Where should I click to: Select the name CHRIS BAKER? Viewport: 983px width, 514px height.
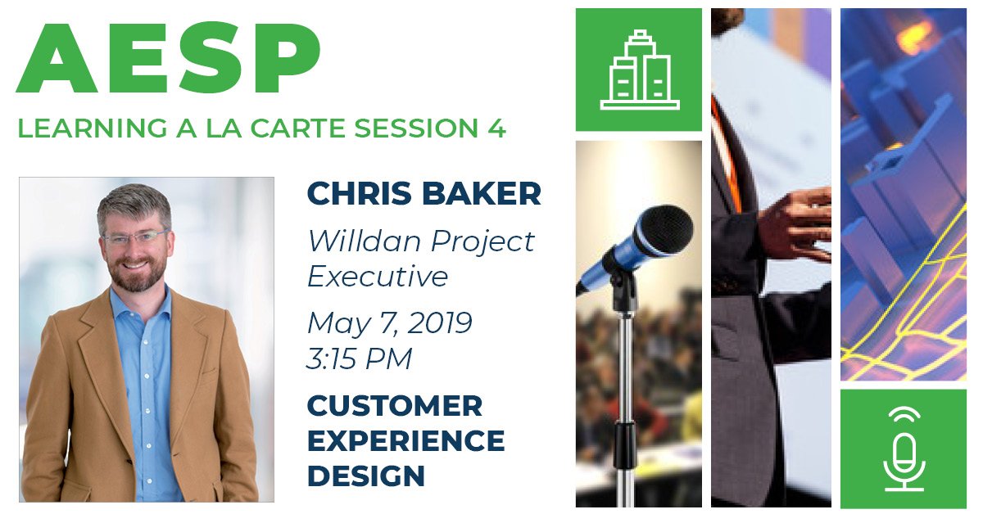pyautogui.click(x=424, y=194)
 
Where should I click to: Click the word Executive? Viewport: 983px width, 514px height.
pyautogui.click(x=378, y=277)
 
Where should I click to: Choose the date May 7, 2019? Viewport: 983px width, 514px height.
pyautogui.click(x=389, y=322)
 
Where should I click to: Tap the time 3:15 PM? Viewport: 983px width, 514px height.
pyautogui.click(x=359, y=358)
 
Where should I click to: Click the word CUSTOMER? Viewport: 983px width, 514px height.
pyautogui.click(x=394, y=405)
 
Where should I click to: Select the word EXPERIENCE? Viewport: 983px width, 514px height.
pyautogui.click(x=405, y=440)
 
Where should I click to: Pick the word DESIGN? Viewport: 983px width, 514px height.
pyautogui.click(x=365, y=476)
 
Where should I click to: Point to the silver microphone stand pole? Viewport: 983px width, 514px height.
pyautogui.click(x=625, y=385)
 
